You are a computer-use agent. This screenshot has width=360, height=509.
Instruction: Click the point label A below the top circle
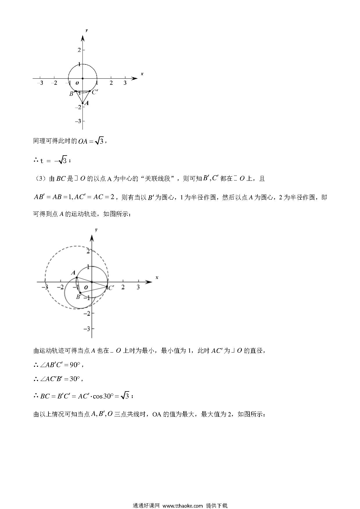[87, 103]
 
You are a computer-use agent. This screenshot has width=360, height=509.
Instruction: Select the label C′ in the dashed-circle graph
[111, 288]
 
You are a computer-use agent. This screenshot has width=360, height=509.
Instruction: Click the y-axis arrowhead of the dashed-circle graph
[92, 238]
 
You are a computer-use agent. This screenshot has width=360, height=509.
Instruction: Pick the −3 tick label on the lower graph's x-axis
[45, 287]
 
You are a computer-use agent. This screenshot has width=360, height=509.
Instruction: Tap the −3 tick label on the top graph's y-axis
[78, 121]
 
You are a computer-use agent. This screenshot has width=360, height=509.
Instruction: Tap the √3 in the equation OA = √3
[100, 141]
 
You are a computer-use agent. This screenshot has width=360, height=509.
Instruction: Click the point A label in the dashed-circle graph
[73, 272]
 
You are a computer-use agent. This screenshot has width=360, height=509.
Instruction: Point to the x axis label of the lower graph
[157, 277]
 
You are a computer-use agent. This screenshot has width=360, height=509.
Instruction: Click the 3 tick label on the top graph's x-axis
[125, 83]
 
